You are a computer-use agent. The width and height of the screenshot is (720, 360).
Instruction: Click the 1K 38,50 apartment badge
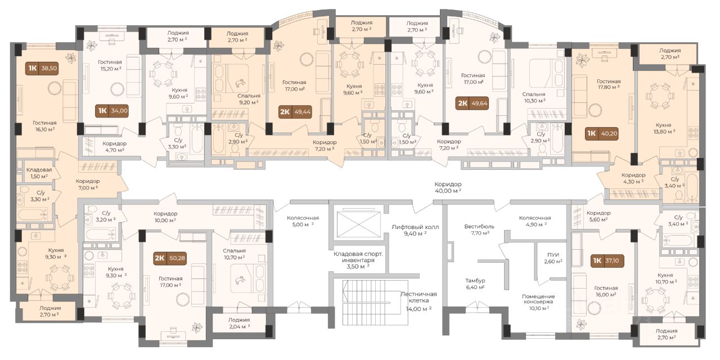(x=43, y=68)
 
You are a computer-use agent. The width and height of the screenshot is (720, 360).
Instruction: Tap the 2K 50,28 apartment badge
(x=170, y=258)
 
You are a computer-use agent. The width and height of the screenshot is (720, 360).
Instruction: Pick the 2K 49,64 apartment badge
(x=472, y=103)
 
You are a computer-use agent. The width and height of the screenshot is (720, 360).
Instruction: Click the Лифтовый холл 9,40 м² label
(x=415, y=230)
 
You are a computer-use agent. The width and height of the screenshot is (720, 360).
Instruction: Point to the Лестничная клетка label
(x=418, y=298)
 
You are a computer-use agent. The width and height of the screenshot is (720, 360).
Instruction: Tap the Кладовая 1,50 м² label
(x=39, y=173)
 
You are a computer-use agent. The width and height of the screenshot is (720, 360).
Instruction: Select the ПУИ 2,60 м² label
(x=553, y=258)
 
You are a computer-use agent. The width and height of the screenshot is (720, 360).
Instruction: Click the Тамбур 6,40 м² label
(x=475, y=284)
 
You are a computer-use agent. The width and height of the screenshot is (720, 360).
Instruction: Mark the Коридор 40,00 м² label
(x=448, y=187)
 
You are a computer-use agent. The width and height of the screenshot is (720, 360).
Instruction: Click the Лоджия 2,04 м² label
(x=239, y=323)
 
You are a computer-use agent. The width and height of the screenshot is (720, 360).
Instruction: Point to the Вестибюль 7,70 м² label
(x=479, y=229)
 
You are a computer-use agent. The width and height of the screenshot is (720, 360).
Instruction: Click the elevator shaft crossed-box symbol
(x=358, y=224)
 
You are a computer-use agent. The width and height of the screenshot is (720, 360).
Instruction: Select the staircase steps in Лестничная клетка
(x=371, y=296)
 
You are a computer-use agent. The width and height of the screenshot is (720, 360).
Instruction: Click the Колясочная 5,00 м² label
(x=303, y=221)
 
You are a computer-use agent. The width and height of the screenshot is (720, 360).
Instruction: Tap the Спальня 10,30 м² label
(x=534, y=97)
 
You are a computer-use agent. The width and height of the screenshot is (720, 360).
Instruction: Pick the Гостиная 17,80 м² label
(x=609, y=84)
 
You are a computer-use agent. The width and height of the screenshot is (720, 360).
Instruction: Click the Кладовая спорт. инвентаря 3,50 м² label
(x=358, y=260)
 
